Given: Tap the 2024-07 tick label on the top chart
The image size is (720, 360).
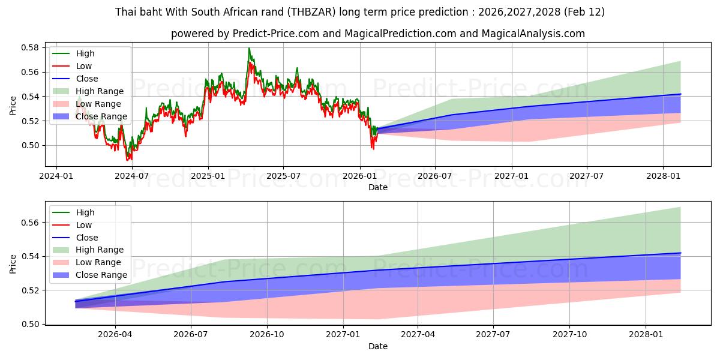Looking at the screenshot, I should [131, 176].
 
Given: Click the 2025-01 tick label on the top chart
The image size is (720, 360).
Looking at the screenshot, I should [208, 176].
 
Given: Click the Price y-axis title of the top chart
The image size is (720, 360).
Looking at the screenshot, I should [13, 106].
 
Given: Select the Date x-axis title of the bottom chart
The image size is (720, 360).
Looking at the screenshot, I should [378, 346].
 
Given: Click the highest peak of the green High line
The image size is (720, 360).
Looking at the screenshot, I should [249, 48].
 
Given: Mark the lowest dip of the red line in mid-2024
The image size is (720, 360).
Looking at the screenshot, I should [127, 160].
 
